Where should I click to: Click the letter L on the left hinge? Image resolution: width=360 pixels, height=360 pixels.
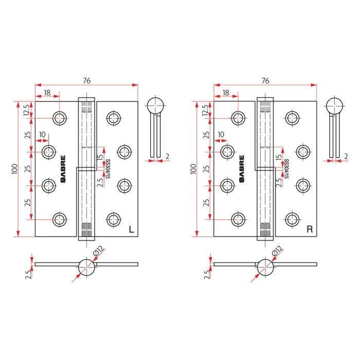click(131, 229)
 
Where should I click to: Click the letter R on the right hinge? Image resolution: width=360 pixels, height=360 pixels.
click(310, 229)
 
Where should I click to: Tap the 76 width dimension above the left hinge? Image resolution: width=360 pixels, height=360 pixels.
click(87, 81)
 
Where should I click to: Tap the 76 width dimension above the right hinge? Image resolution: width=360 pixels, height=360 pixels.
click(265, 81)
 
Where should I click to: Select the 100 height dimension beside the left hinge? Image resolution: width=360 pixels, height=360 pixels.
click(15, 169)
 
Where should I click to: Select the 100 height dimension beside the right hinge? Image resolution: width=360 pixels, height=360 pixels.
click(193, 169)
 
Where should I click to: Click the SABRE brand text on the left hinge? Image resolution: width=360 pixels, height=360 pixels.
click(63, 169)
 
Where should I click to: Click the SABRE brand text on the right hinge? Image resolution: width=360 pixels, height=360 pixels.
click(242, 169)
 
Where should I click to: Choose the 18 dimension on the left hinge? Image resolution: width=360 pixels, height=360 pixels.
click(47, 93)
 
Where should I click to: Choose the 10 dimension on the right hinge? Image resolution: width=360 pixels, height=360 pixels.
click(221, 134)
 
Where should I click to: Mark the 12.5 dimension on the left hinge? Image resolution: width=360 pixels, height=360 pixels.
click(27, 110)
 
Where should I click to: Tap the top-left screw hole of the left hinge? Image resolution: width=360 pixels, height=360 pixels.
click(60, 118)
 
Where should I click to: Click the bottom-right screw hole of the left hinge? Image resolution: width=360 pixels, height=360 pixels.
click(114, 219)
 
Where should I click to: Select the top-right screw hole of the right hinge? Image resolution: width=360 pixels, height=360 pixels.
click(292, 118)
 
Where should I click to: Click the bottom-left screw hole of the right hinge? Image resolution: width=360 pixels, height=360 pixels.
click(238, 219)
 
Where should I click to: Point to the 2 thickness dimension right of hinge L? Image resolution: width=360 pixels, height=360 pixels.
click(167, 156)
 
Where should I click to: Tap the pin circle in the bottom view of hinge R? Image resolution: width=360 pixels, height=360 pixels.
click(265, 267)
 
